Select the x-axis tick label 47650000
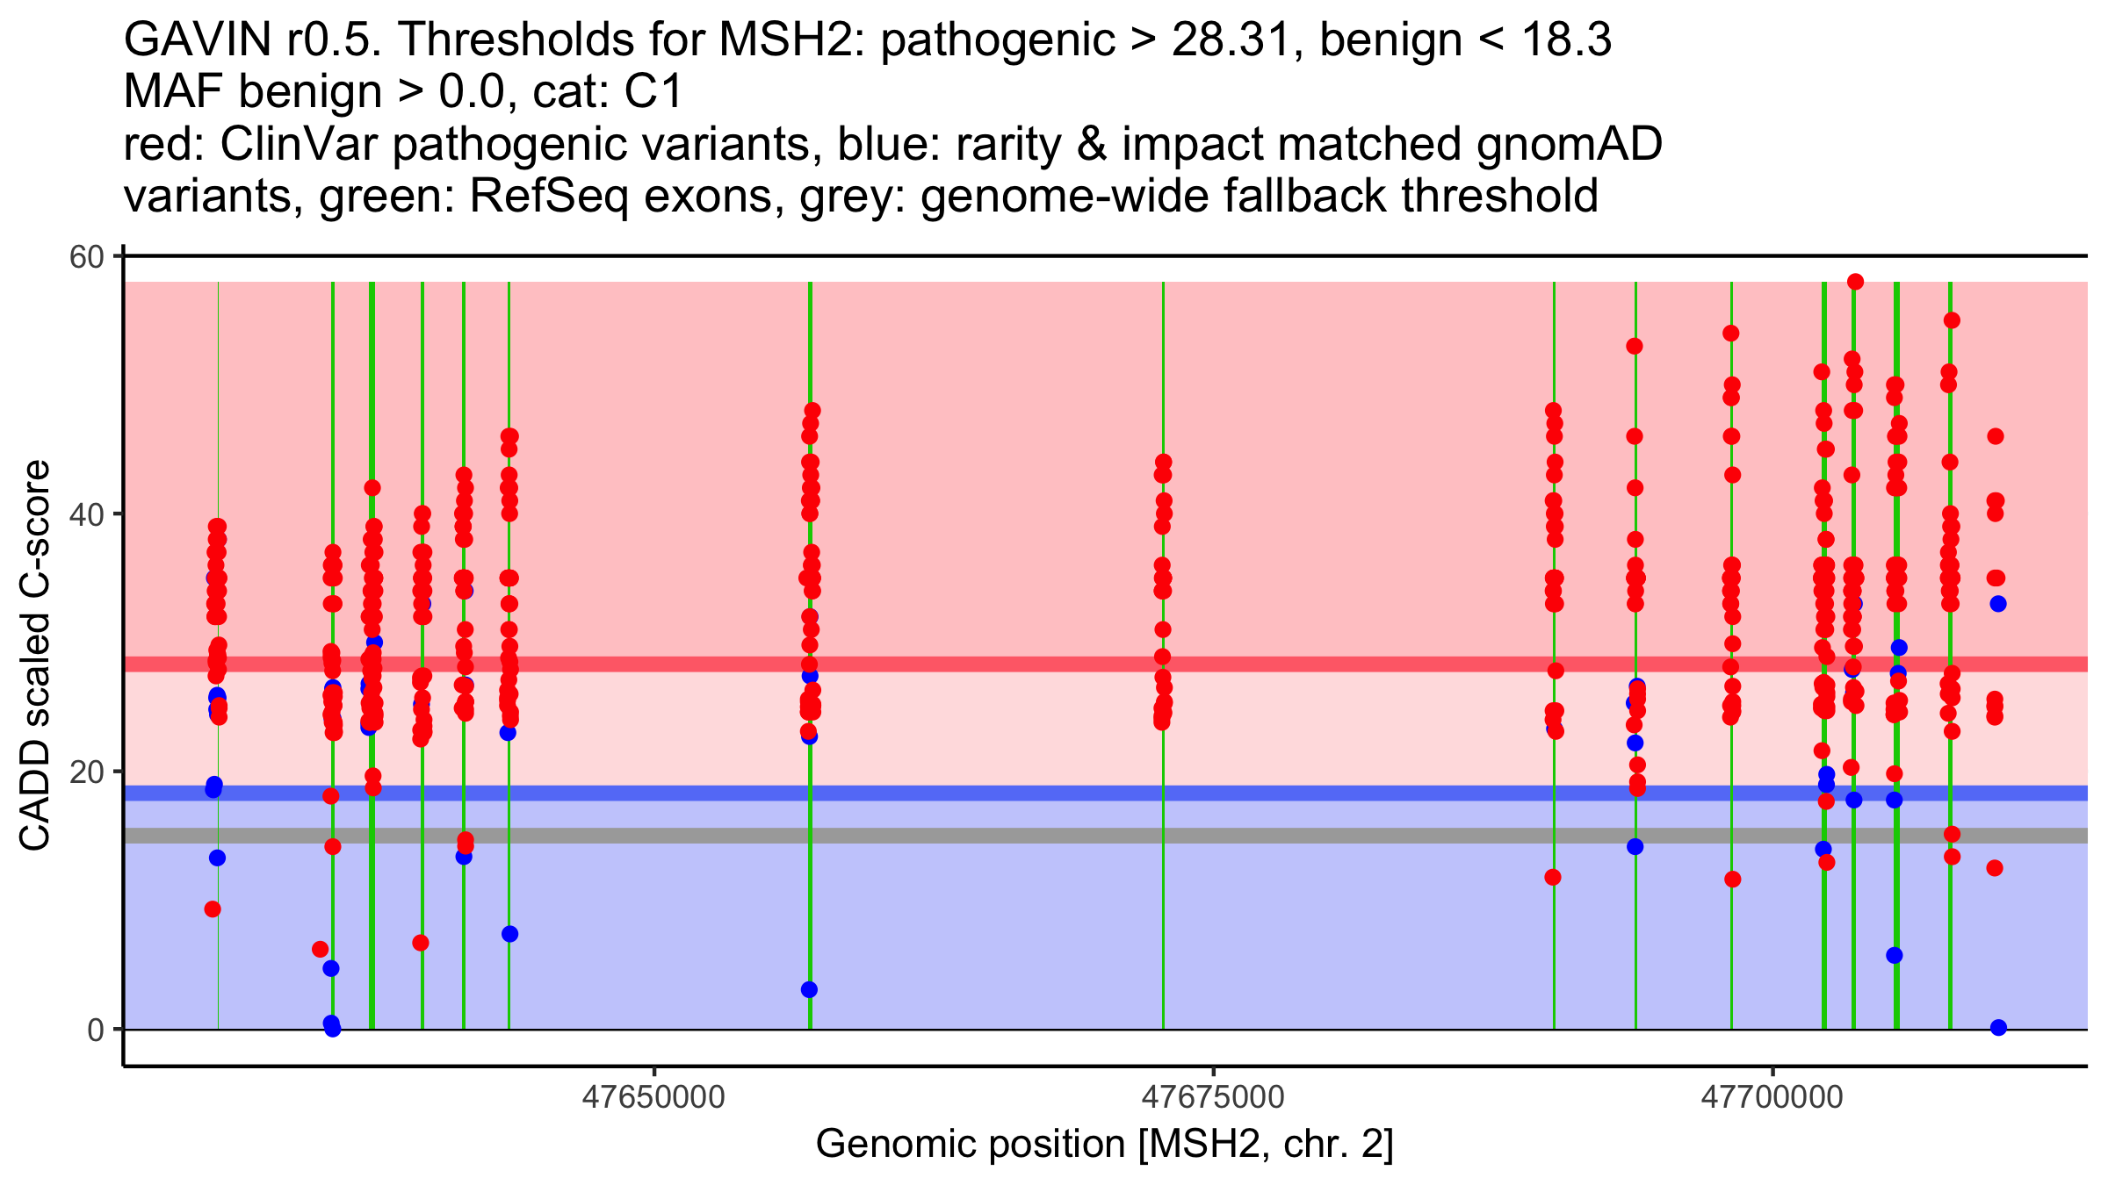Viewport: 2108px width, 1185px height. (x=653, y=1097)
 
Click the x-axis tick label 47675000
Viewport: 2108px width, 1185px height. (x=1213, y=1097)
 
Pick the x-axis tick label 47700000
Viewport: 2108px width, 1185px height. (x=1772, y=1097)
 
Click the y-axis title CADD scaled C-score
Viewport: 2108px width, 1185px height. (x=35, y=656)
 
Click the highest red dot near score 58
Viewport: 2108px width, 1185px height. (x=1855, y=282)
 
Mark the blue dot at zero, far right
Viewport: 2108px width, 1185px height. (x=1998, y=1028)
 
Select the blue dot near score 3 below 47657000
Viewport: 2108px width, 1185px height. (x=809, y=990)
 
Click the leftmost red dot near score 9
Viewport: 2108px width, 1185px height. (x=213, y=909)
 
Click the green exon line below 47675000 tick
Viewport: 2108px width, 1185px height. (x=1163, y=878)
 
